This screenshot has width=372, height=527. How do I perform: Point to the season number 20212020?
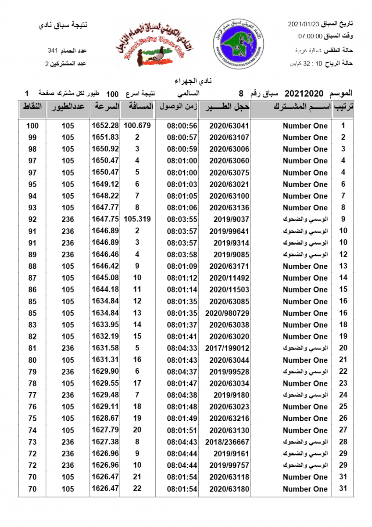[x=304, y=94]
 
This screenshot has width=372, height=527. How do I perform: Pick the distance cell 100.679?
[x=137, y=126]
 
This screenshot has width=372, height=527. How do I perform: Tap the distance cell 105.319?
[x=137, y=219]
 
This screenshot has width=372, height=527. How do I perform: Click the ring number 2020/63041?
[x=229, y=126]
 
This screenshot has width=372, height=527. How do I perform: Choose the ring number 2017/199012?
[x=227, y=348]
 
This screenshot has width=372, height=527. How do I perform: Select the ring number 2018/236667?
[x=227, y=442]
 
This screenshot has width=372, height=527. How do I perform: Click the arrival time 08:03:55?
[x=182, y=219]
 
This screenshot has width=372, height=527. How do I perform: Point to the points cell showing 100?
[x=32, y=126]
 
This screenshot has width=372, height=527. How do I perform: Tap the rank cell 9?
[x=343, y=219]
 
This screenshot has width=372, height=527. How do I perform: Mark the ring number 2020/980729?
[x=227, y=313]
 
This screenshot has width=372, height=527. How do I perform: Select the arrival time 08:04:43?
[x=182, y=442]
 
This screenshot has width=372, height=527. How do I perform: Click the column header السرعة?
[x=105, y=107]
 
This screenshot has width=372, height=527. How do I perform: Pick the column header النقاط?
[x=32, y=107]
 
